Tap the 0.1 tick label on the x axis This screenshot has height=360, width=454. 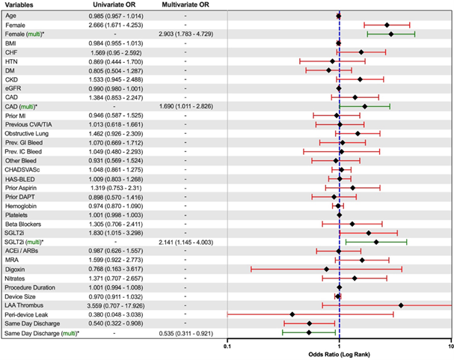click(227, 347)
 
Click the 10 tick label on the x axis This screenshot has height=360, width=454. click(450, 347)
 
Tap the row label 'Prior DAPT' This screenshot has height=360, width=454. click(22, 196)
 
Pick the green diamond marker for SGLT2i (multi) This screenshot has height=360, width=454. click(376, 242)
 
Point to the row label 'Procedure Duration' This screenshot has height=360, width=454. click(34, 287)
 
